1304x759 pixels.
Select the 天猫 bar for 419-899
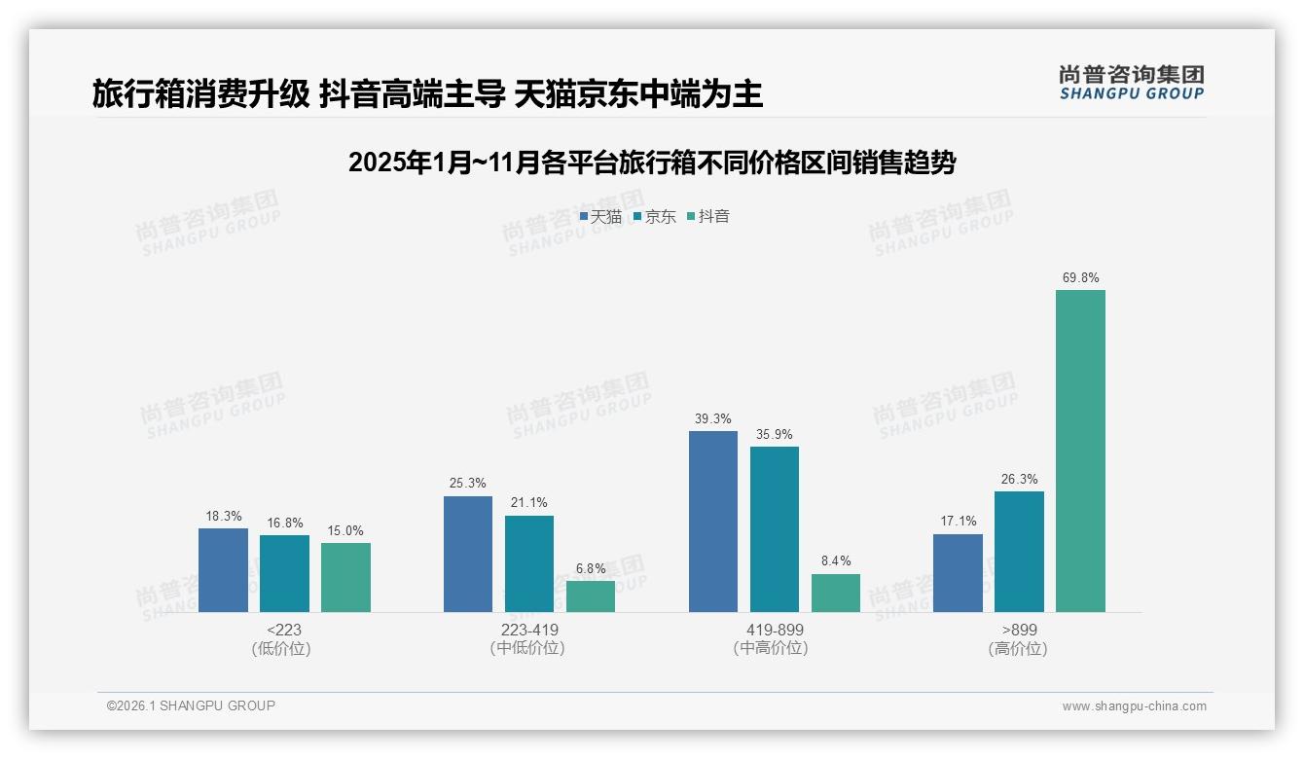click(713, 522)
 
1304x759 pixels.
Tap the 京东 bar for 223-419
click(529, 563)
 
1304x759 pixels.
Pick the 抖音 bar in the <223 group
click(345, 577)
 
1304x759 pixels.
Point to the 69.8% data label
click(1080, 278)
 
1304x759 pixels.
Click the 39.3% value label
click(713, 419)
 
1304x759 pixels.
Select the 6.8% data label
click(591, 569)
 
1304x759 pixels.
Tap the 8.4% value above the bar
click(836, 561)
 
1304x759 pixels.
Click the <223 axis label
click(284, 631)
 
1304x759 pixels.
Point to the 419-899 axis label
click(776, 631)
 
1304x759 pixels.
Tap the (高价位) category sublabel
click(1018, 649)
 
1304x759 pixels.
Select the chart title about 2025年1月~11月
click(652, 163)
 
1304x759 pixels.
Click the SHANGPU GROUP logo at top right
click(1131, 83)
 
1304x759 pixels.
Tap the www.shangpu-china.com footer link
click(1134, 706)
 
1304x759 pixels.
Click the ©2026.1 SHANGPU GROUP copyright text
click(191, 705)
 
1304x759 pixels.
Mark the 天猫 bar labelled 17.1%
click(958, 573)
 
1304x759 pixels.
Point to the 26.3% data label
click(1019, 480)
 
